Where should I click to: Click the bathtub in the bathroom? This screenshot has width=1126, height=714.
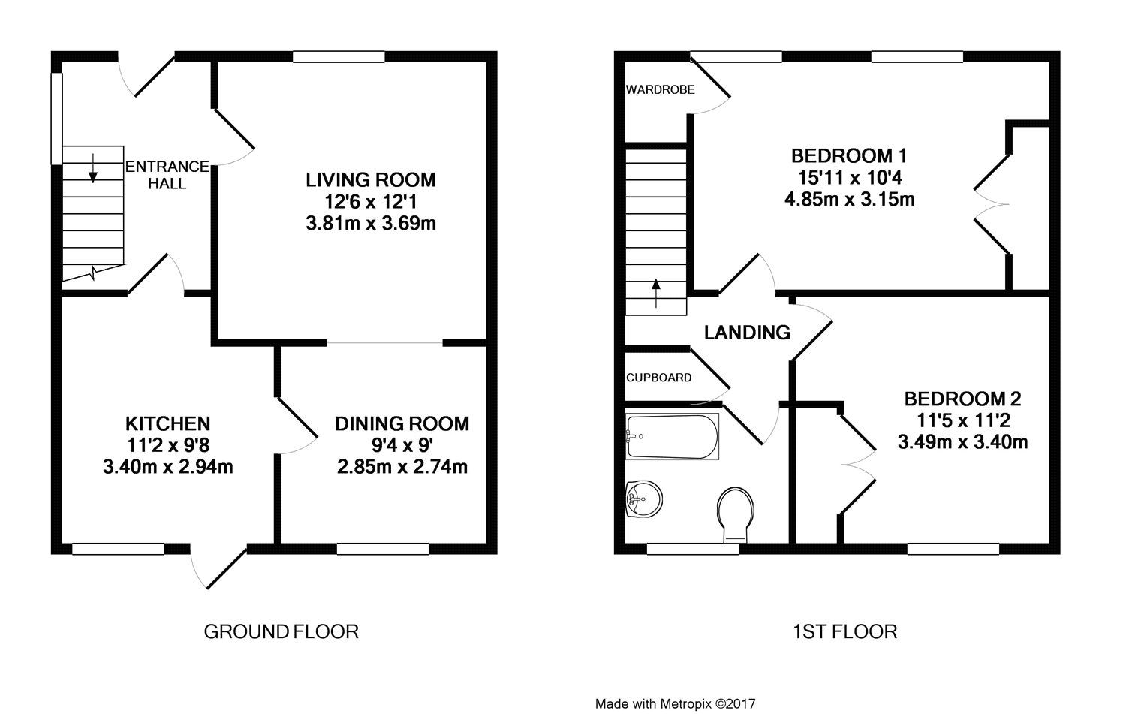[x=672, y=437]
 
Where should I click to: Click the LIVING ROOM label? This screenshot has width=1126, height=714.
[x=370, y=180]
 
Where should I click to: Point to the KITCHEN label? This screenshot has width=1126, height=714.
[x=167, y=423]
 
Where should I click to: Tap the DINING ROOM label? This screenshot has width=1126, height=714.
[x=402, y=423]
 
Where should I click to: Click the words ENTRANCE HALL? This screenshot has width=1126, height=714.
[x=167, y=175]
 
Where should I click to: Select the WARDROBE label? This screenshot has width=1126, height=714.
[x=661, y=89]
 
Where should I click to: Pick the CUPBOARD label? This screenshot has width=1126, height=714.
[x=659, y=378]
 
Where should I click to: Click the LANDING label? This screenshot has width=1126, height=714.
[x=747, y=332]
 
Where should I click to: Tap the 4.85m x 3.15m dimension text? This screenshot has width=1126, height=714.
[x=849, y=200]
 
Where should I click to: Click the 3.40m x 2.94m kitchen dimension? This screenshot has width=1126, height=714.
[x=167, y=467]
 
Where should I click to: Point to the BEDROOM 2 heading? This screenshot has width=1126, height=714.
[x=962, y=399]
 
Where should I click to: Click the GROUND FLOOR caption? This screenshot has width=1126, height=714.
[x=281, y=631]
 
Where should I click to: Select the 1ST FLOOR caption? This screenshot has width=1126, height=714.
[x=844, y=631]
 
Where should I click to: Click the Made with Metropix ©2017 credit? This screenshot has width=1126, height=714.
[x=675, y=704]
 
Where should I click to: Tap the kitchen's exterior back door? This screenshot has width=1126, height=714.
[x=221, y=568]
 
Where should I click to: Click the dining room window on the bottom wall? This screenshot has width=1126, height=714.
[x=383, y=550]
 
